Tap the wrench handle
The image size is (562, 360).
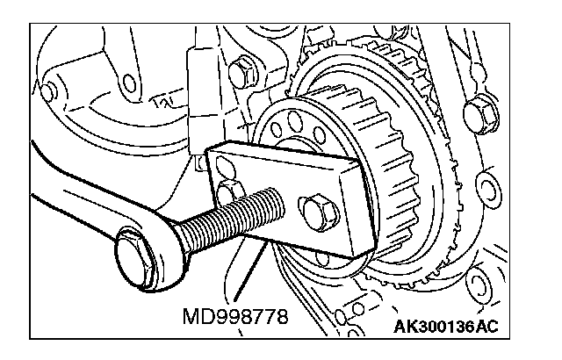click(x=70, y=211)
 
